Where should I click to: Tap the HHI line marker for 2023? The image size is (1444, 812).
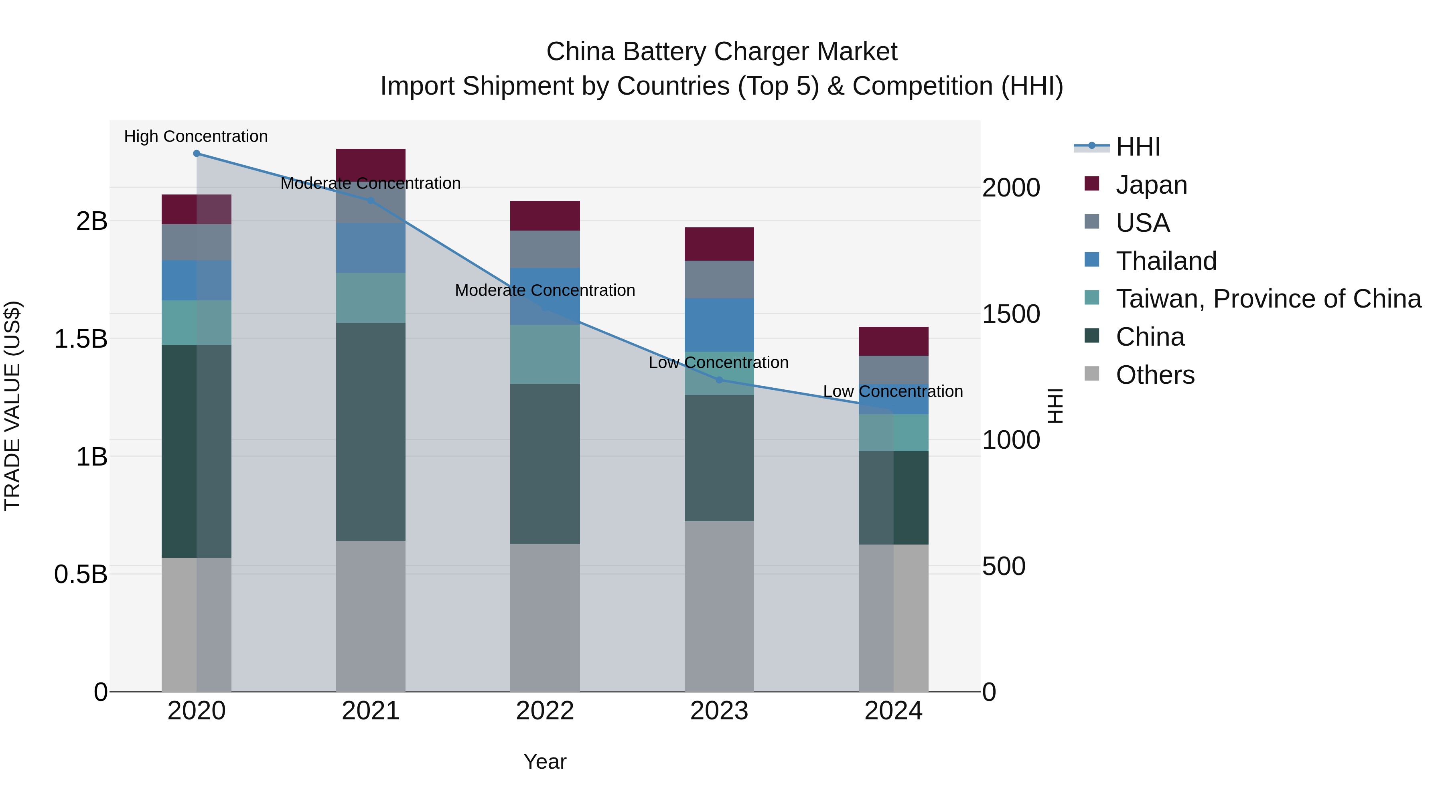[719, 380]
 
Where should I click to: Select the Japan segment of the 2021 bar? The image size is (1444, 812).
[371, 163]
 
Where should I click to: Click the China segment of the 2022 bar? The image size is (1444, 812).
[545, 464]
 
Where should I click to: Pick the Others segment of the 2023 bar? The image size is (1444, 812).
[719, 606]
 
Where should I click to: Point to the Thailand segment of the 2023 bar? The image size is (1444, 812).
[719, 325]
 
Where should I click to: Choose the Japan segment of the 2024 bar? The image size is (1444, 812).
[894, 341]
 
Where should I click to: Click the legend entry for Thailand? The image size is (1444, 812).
[1166, 261]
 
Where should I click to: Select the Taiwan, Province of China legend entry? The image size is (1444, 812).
[1268, 299]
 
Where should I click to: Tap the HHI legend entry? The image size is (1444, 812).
[1138, 147]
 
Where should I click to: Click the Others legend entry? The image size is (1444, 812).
[1155, 375]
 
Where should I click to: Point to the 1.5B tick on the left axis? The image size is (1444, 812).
[81, 339]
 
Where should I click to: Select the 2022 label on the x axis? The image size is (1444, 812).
[545, 711]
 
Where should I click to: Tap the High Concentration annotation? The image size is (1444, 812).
[196, 136]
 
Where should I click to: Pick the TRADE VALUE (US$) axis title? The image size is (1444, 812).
[12, 406]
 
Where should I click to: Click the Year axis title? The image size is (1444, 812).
[545, 761]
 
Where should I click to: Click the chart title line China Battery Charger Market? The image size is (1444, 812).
[722, 52]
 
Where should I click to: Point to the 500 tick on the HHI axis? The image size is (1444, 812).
[1004, 566]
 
